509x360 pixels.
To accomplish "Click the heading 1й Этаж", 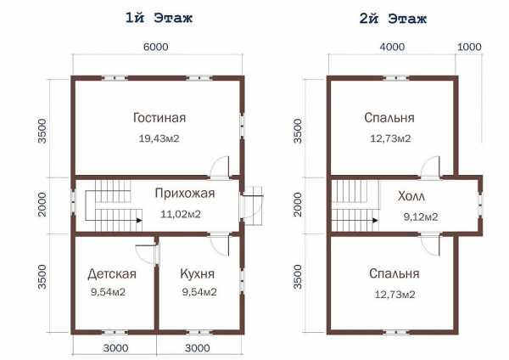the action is click(159, 18).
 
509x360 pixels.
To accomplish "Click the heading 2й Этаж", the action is click(393, 19).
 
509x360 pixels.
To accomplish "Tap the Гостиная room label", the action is click(159, 118).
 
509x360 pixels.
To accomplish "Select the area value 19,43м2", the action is click(159, 138).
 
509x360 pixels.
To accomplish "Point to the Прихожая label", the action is click(185, 194).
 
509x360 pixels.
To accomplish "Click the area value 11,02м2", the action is click(181, 215).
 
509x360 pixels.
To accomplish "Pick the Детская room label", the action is click(112, 274).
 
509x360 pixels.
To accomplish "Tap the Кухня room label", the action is click(198, 274).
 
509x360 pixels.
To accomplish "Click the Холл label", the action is click(411, 197).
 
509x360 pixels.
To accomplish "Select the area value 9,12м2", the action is click(421, 217).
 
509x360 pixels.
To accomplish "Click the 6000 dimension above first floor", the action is click(156, 47).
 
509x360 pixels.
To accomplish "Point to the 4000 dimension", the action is click(392, 47).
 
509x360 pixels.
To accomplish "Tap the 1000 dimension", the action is click(469, 47).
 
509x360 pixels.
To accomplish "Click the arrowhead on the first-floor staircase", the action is click(139, 220).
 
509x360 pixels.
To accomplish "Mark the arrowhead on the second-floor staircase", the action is click(375, 220).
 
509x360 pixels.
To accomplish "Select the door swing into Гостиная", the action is click(217, 163).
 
